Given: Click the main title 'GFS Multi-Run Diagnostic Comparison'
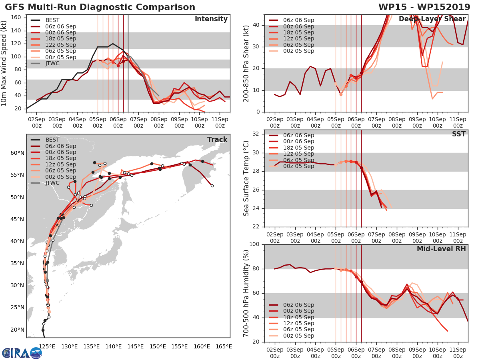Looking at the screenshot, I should click(x=100, y=7).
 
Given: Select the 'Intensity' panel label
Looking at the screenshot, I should click(x=211, y=19).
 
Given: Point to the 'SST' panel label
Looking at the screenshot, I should click(x=459, y=134).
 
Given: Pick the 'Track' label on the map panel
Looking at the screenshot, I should click(x=217, y=140).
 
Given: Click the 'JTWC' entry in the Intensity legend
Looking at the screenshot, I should click(x=52, y=64).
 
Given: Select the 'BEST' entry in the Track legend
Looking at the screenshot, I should click(x=52, y=140).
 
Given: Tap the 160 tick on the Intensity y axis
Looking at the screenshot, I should click(x=16, y=18).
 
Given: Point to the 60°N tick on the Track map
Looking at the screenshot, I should click(x=17, y=153).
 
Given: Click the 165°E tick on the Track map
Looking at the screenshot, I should click(x=223, y=346).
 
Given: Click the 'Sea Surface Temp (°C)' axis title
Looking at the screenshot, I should click(x=246, y=178).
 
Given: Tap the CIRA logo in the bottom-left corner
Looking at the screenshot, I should click(x=22, y=353).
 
